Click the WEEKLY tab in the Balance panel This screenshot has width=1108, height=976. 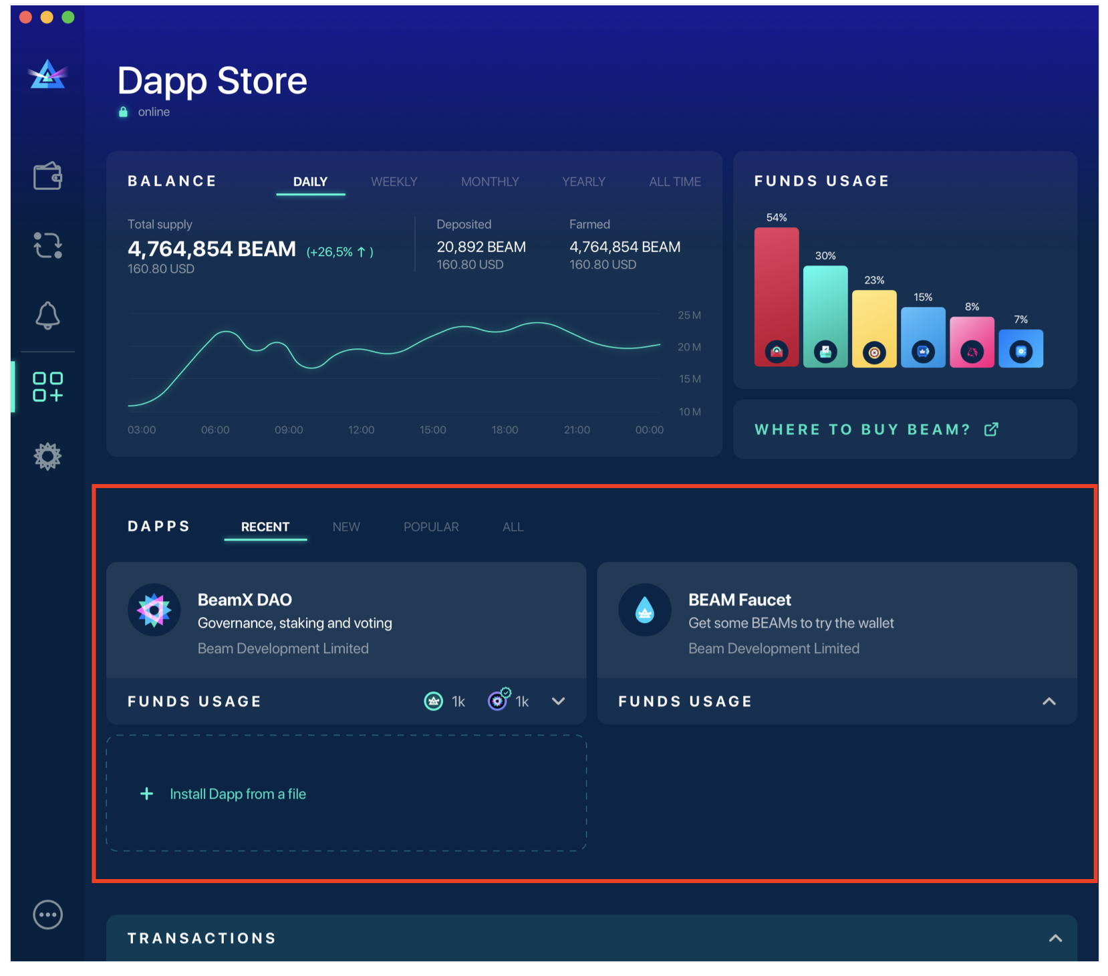[x=394, y=182]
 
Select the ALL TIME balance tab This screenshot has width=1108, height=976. [x=674, y=182]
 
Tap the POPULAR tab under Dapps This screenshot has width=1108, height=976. [x=431, y=527]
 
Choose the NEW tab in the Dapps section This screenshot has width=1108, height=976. [x=346, y=527]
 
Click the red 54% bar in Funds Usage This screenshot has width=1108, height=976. [x=776, y=294]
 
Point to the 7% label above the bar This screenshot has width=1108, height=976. [x=1020, y=320]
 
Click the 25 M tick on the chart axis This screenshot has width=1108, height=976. [x=689, y=315]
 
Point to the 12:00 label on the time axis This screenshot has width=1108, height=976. [x=361, y=430]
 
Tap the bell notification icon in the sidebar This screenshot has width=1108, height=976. [x=47, y=315]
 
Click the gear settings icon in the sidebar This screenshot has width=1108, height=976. [x=47, y=457]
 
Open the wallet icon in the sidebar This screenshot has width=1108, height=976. [x=47, y=176]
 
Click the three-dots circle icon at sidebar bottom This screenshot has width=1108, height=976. [x=47, y=914]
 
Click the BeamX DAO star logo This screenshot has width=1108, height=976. [x=154, y=610]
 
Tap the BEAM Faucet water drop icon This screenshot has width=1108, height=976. [x=644, y=610]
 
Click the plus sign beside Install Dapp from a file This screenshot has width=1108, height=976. [x=146, y=794]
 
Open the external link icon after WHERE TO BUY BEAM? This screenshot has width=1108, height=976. [x=991, y=429]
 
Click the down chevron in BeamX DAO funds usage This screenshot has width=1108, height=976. [x=559, y=701]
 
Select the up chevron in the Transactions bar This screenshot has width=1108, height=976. [x=1055, y=938]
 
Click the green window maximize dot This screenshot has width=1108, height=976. [x=68, y=17]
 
